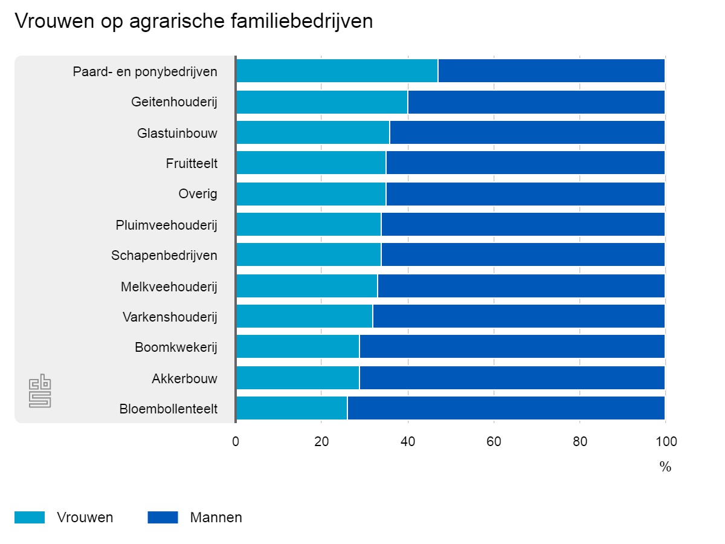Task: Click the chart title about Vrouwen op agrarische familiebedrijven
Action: (193, 21)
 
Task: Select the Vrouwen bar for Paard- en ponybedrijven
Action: (337, 71)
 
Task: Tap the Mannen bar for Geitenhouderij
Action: (536, 102)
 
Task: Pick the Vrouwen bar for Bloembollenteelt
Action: (291, 408)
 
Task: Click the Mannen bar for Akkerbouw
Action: (512, 378)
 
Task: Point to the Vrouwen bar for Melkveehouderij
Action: (306, 286)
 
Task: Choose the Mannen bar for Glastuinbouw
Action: (527, 132)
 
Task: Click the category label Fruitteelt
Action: (192, 163)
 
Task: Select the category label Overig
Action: (198, 194)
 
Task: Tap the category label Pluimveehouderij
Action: (166, 225)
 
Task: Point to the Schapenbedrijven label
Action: (164, 256)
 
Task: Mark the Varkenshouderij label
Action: (170, 317)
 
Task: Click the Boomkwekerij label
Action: (176, 348)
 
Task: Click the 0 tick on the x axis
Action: (236, 442)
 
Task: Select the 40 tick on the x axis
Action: (408, 442)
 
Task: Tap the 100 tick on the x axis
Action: (665, 442)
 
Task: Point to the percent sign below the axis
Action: (665, 467)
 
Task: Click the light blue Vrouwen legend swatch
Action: (30, 517)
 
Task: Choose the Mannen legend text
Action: (216, 517)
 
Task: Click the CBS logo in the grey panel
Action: (40, 392)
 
